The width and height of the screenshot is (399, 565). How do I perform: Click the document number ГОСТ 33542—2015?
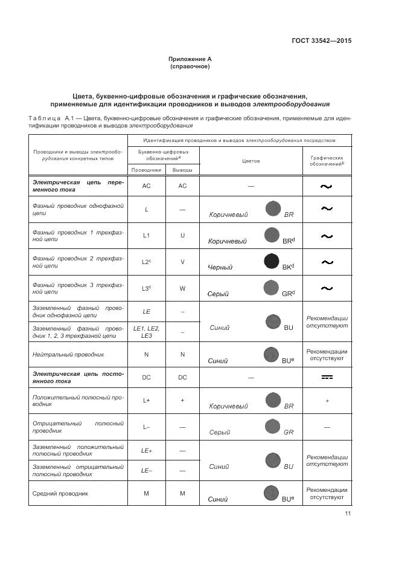pyautogui.click(x=321, y=40)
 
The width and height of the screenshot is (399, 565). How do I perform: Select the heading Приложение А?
pyautogui.click(x=190, y=59)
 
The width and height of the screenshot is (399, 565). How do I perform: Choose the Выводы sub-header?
pyautogui.click(x=182, y=170)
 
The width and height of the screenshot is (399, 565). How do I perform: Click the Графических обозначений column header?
pyautogui.click(x=327, y=160)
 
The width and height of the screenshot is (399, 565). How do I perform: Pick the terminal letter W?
pyautogui.click(x=182, y=288)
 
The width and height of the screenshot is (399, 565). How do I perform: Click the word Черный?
pyautogui.click(x=220, y=267)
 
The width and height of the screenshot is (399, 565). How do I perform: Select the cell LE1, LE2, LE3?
pyautogui.click(x=146, y=332)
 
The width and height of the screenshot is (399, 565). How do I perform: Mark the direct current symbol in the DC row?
pyautogui.click(x=327, y=377)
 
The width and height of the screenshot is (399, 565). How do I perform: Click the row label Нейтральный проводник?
pyautogui.click(x=60, y=355)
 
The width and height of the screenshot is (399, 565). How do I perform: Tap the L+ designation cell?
pyautogui.click(x=146, y=400)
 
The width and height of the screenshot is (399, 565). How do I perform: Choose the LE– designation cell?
pyautogui.click(x=146, y=470)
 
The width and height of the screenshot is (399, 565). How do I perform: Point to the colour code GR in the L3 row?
pyautogui.click(x=287, y=294)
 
